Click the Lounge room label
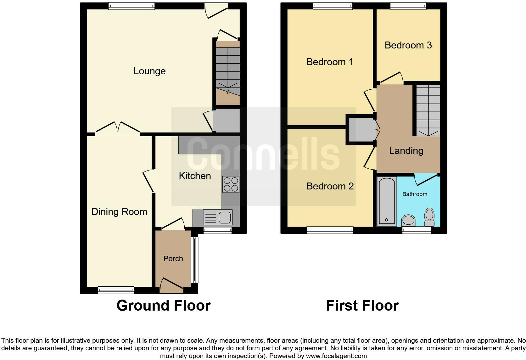[x=149, y=71]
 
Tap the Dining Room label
[x=119, y=212]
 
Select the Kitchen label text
[x=195, y=176]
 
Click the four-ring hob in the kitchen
[x=231, y=184]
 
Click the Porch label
[x=173, y=259]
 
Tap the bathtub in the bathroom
[x=387, y=201]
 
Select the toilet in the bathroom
[x=429, y=217]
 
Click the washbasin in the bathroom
[x=409, y=220]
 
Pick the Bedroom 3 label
[x=408, y=45]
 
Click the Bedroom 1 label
[x=330, y=62]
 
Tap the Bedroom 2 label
[x=330, y=186]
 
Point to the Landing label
[x=406, y=151]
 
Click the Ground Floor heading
[x=163, y=306]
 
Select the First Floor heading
[x=362, y=306]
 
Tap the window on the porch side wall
[x=195, y=259]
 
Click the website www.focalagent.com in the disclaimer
[x=336, y=356]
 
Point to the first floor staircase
[x=428, y=110]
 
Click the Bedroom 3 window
[x=408, y=6]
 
